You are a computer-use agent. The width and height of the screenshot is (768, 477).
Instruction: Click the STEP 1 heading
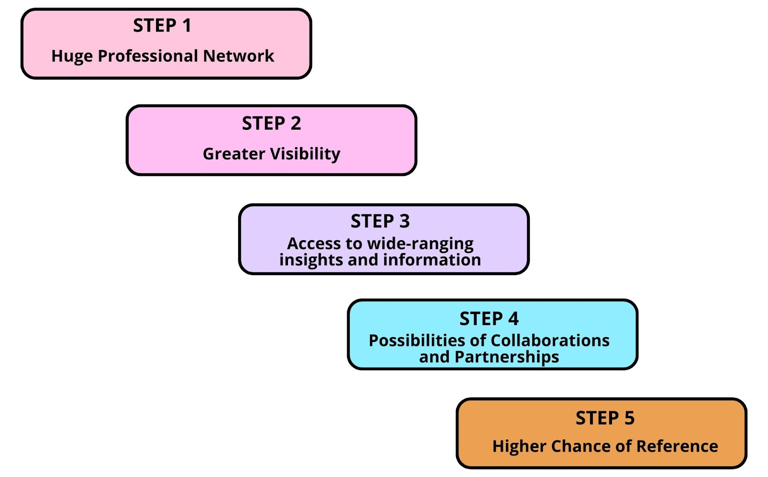[162, 25]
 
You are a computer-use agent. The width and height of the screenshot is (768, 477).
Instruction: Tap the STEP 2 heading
[271, 123]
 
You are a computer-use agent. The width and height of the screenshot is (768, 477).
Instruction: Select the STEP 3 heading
[380, 221]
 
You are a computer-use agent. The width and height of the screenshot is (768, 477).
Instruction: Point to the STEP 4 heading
[489, 319]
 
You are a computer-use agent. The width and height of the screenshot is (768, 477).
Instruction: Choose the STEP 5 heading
[605, 418]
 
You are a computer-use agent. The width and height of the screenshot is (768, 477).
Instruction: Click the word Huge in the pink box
[72, 56]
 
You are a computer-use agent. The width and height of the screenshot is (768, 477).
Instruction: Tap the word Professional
[148, 56]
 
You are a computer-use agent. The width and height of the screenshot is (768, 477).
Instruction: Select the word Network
[238, 56]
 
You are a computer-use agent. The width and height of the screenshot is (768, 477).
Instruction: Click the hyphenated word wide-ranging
[420, 244]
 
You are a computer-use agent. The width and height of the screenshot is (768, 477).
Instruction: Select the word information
[432, 259]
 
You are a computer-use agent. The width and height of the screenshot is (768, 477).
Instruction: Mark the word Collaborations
[550, 340]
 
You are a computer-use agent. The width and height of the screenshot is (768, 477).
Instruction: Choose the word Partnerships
[507, 357]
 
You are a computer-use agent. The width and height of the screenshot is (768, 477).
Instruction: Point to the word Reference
[677, 446]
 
